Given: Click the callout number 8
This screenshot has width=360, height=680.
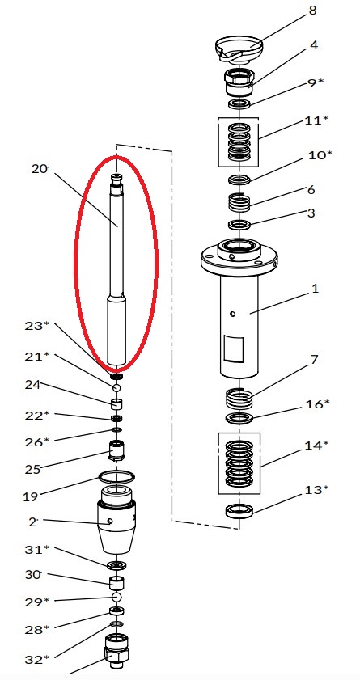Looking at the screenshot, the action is click(312, 11).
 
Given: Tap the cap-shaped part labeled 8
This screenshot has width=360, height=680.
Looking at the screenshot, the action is click(239, 48).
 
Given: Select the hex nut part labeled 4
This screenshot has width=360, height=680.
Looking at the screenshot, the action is click(238, 82).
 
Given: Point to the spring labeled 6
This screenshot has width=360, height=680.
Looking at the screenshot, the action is click(239, 202).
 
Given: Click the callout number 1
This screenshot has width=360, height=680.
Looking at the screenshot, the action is click(315, 289).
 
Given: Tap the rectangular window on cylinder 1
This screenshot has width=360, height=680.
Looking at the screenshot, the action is click(233, 348).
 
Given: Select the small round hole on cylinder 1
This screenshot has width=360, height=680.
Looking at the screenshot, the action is click(233, 314).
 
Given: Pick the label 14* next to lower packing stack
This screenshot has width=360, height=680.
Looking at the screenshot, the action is click(316, 446).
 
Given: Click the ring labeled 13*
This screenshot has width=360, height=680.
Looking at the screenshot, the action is click(239, 511).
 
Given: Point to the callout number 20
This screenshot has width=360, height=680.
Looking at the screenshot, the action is click(40, 168).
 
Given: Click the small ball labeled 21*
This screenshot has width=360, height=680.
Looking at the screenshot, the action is click(116, 387).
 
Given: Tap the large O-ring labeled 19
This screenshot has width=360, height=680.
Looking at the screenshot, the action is click(116, 477).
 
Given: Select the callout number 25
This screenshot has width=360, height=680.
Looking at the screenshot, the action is click(32, 469).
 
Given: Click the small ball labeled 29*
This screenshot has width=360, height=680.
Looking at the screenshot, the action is click(116, 598).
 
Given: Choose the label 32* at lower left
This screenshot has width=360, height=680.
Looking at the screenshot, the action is click(37, 660).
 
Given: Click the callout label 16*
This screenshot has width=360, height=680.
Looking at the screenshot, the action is click(317, 404).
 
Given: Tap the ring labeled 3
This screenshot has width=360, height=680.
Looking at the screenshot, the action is click(239, 225).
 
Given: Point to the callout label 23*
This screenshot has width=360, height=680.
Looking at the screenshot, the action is click(37, 326).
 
